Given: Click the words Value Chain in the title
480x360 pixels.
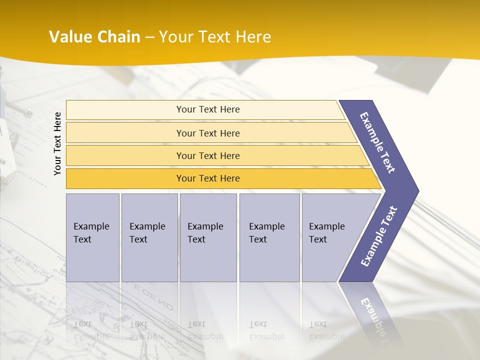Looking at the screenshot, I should click(94, 37).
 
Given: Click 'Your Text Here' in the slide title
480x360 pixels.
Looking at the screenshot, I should click(215, 37).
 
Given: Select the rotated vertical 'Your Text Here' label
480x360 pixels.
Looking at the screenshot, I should click(57, 144).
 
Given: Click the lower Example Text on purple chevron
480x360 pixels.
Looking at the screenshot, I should click(378, 236).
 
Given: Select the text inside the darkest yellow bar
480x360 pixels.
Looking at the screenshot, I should click(208, 178).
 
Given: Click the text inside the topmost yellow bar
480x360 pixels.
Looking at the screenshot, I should click(208, 109).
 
